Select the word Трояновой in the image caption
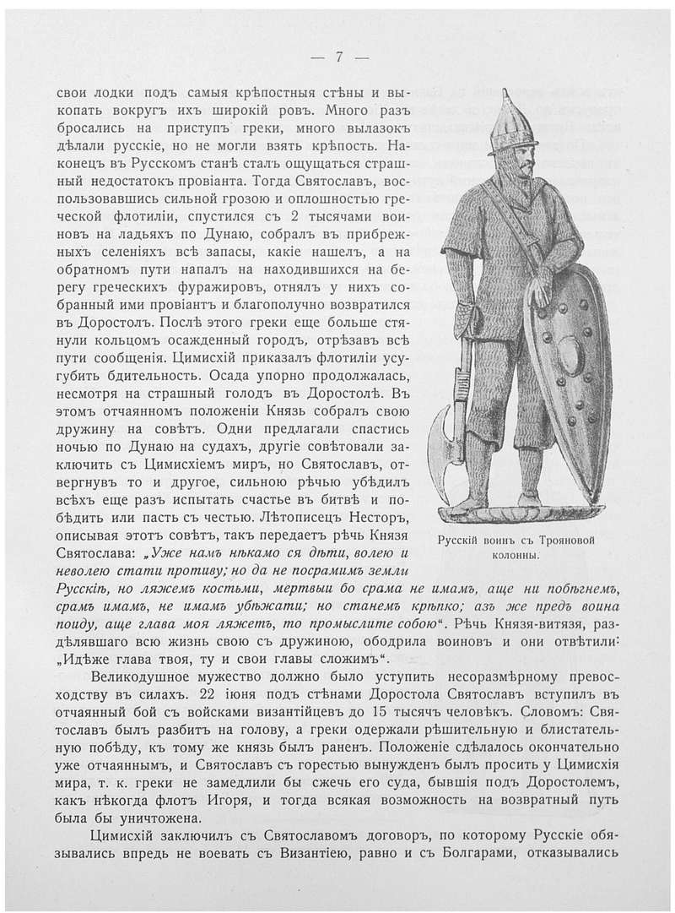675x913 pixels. tap(569, 541)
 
